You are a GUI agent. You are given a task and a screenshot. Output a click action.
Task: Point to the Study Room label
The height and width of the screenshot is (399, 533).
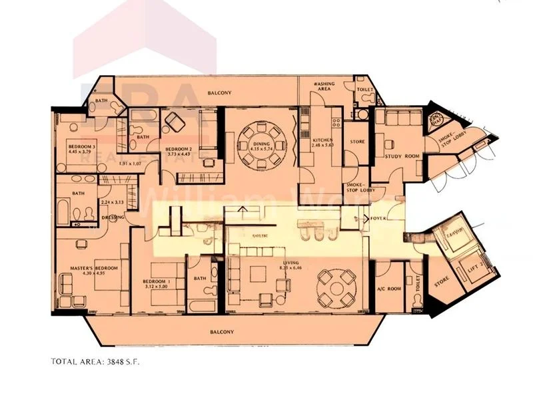(402, 157)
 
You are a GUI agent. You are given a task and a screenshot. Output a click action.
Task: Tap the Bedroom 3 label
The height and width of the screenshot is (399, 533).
(81, 146)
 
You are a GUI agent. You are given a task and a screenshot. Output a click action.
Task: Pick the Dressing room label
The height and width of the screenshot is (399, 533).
(109, 217)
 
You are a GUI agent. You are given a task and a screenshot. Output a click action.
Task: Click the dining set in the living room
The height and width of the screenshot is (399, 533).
(330, 285)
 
